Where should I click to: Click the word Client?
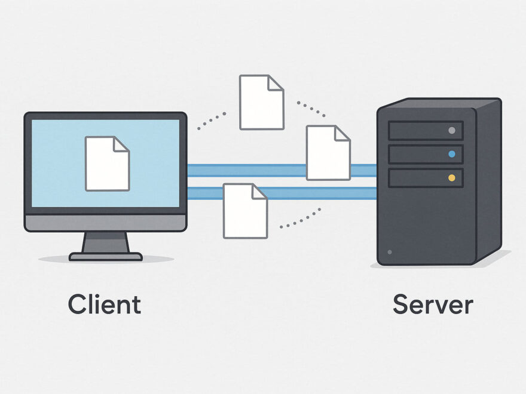click(x=105, y=304)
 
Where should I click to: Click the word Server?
click(x=433, y=304)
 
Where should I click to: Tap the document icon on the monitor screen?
click(x=107, y=164)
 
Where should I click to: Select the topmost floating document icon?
click(x=261, y=102)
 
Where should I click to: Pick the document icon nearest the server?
click(x=328, y=153)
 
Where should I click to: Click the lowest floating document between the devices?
click(x=245, y=211)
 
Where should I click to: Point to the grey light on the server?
click(x=452, y=131)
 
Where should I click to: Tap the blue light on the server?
click(x=452, y=154)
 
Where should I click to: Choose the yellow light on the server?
click(x=452, y=178)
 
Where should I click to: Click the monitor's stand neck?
click(x=106, y=242)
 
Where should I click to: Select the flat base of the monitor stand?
click(x=106, y=257)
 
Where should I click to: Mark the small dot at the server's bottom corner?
click(x=390, y=253)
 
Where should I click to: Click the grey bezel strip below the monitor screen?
click(x=105, y=223)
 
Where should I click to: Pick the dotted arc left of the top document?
click(x=212, y=119)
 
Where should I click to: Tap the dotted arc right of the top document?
click(x=311, y=109)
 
